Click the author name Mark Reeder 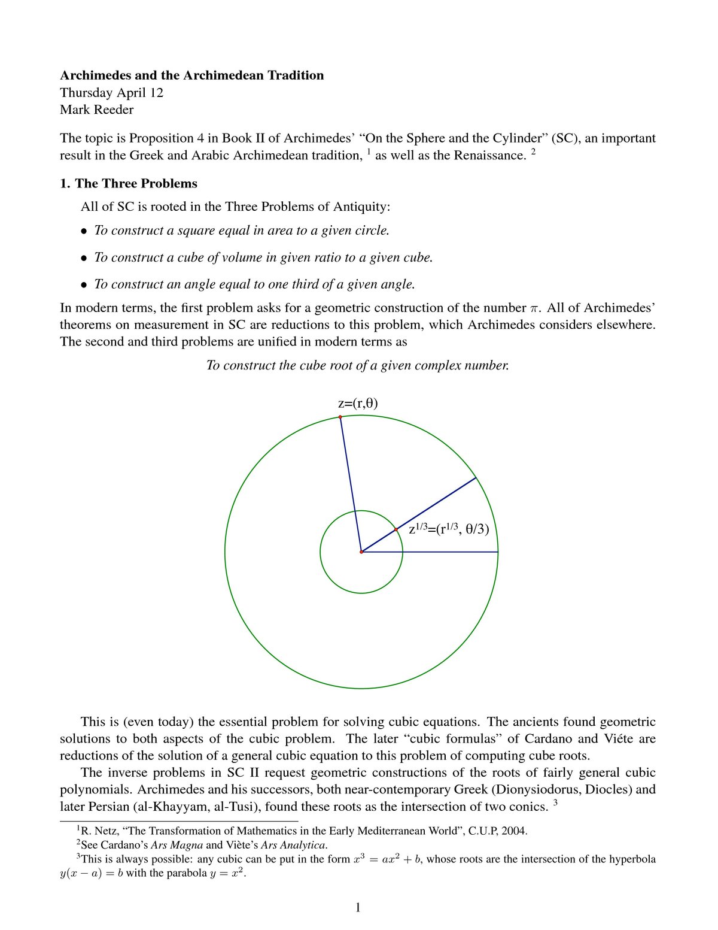96,110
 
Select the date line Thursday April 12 111,93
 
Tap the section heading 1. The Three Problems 128,183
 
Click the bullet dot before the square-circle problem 84,231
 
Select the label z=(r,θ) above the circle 358,403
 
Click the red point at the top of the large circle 340,417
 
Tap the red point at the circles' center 361,552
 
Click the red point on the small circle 396,529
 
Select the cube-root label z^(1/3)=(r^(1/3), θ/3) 452,529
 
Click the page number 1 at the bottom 358,908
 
